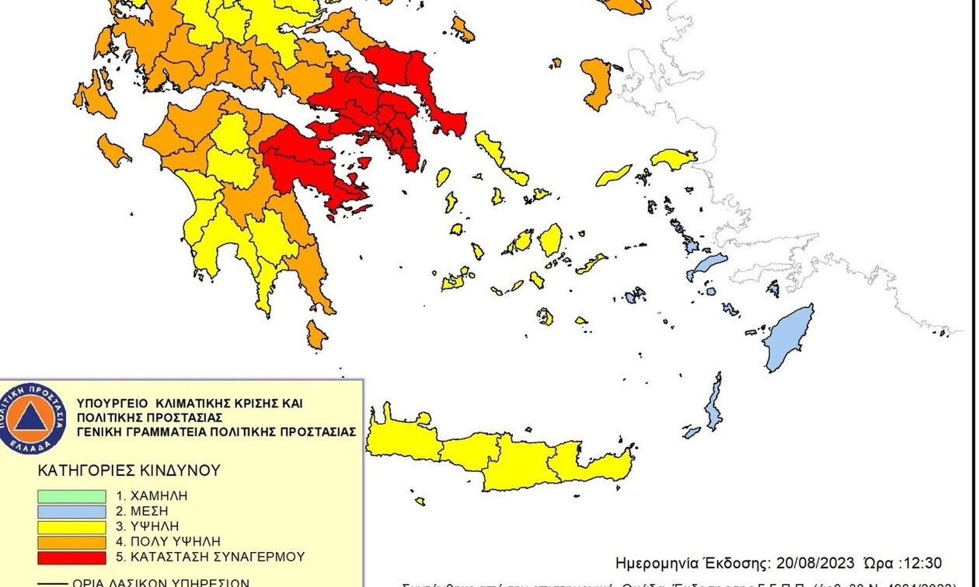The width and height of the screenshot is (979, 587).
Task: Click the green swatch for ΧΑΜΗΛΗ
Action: pos(71,495)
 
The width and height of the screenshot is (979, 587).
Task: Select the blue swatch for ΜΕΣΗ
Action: pos(71,511)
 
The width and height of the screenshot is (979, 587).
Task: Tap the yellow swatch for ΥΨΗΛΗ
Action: pos(71,526)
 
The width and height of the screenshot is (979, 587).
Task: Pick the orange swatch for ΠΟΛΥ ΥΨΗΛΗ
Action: pos(71,541)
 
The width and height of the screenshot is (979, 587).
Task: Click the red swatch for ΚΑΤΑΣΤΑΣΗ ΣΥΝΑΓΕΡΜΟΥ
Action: pos(71,557)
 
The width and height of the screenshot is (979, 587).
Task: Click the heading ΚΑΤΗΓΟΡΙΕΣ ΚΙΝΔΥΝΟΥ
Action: pos(129,470)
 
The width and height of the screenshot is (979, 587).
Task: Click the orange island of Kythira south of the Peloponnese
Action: pos(315,335)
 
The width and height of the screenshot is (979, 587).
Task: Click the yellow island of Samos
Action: pos(673,159)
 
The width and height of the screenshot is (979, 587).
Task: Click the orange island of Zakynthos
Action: pos(113,150)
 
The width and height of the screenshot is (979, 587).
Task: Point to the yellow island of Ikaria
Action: pos(614,175)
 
